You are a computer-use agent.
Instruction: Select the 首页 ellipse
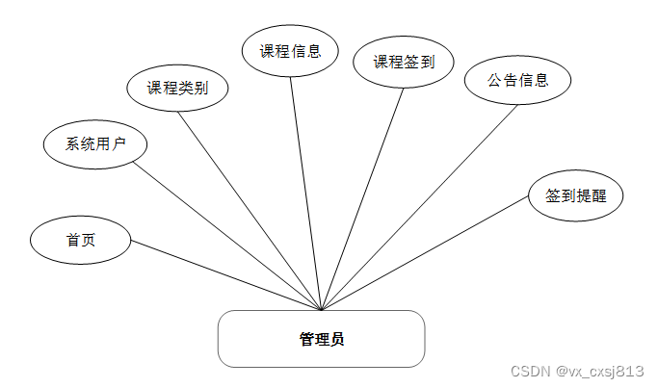[80, 241]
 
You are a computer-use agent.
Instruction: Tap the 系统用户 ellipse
[94, 145]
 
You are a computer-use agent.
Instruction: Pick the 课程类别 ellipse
[177, 89]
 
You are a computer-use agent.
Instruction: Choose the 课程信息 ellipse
[289, 52]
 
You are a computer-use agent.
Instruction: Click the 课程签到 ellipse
[404, 63]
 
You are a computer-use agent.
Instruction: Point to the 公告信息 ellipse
[517, 81]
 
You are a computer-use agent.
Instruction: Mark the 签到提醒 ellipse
[576, 195]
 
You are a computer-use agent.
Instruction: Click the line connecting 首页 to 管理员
[225, 275]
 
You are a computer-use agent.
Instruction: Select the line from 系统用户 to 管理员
[227, 236]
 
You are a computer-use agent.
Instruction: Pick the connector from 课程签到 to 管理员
[362, 199]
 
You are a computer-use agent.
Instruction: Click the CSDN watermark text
[575, 371]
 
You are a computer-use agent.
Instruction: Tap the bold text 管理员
[321, 339]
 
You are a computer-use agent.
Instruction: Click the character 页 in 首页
[88, 241]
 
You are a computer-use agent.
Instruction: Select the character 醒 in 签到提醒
[598, 195]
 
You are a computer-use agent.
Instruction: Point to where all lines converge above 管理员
[321, 310]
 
